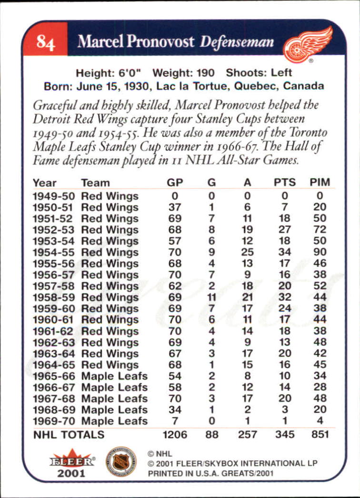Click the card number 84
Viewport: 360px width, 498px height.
[46, 42]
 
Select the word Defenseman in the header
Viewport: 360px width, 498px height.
[237, 41]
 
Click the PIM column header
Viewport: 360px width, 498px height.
[320, 183]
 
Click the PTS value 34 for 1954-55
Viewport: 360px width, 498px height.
[285, 253]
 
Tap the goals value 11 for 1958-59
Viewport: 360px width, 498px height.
[211, 297]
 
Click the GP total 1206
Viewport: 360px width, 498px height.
[175, 434]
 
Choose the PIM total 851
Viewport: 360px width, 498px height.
[320, 434]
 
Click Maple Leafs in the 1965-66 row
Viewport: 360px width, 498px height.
[114, 376]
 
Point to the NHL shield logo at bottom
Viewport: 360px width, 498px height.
[121, 461]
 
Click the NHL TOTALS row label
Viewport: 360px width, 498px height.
[68, 434]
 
